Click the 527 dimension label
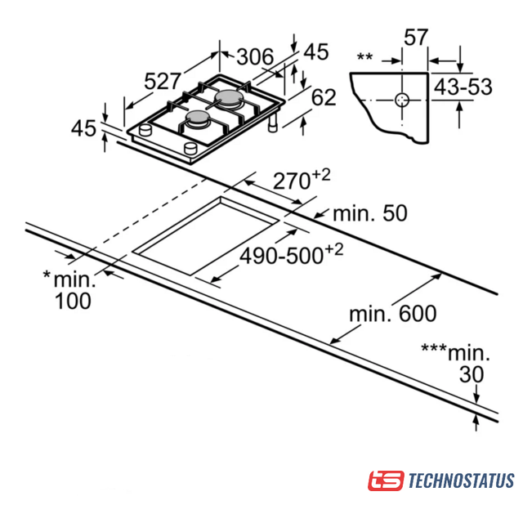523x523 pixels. [163, 81]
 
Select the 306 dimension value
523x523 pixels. [255, 56]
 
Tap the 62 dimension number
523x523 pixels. [324, 97]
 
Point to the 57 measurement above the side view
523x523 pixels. [416, 37]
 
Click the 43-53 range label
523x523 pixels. [463, 87]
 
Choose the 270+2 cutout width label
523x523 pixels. [302, 179]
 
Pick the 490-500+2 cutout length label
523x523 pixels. [292, 254]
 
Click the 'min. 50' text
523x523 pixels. [370, 213]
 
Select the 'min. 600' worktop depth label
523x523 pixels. [393, 313]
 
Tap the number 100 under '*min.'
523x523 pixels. [73, 301]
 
